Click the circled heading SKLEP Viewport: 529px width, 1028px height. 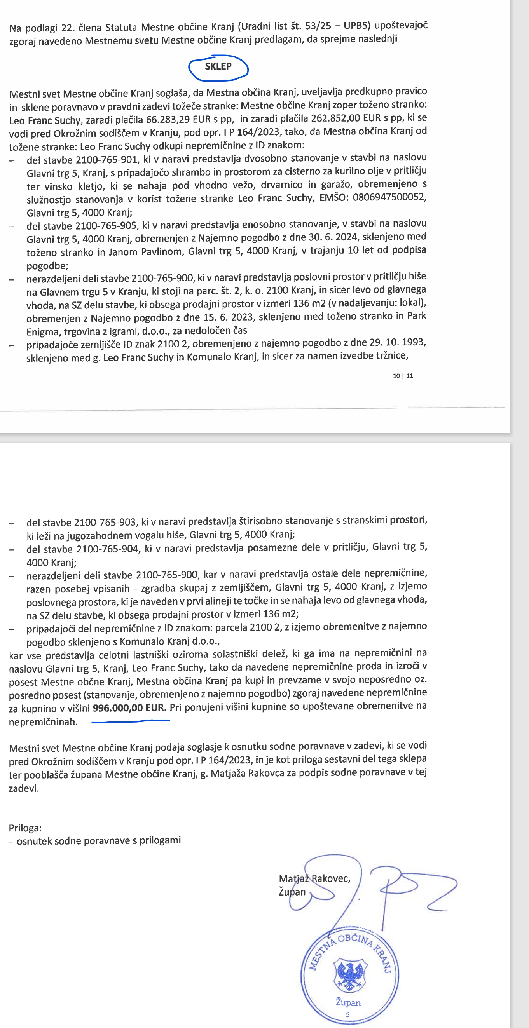click(x=218, y=67)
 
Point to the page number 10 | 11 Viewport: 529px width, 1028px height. click(x=403, y=376)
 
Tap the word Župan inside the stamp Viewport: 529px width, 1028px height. click(x=348, y=1002)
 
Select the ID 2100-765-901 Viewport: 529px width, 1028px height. click(x=106, y=160)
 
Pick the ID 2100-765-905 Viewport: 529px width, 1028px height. click(x=106, y=226)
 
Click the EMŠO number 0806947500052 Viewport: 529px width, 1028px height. click(x=389, y=197)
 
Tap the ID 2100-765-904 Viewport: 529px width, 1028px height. click(x=108, y=549)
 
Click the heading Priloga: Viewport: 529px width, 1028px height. click(x=25, y=828)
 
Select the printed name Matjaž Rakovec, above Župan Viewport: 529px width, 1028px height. click(x=314, y=878)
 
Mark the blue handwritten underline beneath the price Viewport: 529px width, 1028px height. click(x=131, y=721)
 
